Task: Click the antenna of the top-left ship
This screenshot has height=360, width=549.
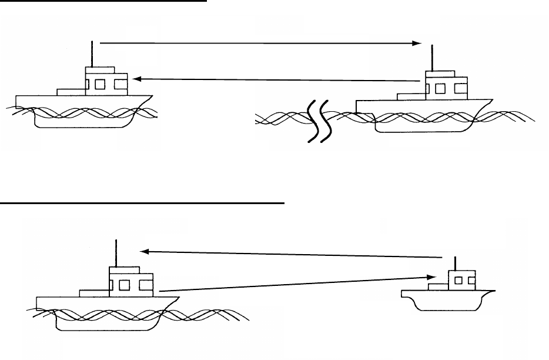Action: click(93, 54)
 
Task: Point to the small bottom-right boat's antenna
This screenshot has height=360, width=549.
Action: click(456, 263)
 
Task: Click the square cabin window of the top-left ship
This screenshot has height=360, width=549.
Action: click(100, 84)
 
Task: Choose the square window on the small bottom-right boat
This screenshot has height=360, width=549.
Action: click(458, 280)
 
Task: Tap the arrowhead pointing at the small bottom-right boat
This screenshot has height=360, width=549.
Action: click(431, 278)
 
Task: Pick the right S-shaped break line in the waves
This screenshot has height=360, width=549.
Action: click(325, 122)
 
